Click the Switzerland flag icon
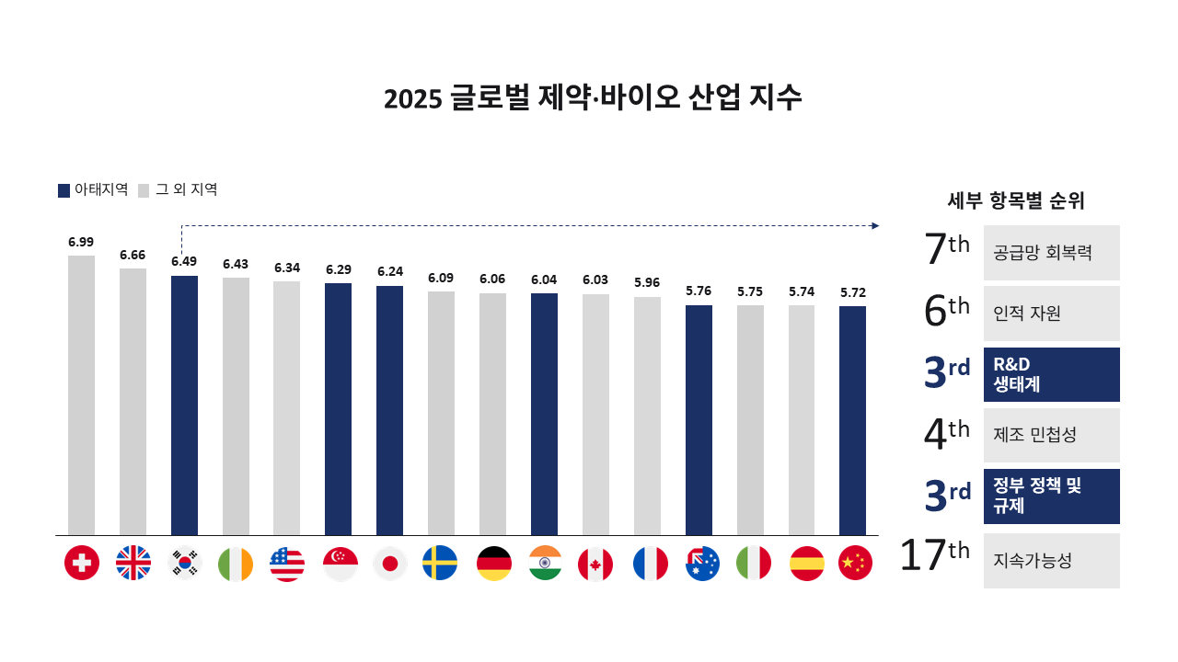click(x=82, y=563)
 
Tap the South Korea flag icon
click(x=185, y=563)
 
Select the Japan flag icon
click(x=390, y=563)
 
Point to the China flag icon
click(x=855, y=563)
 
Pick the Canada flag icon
click(x=595, y=563)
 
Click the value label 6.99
click(x=81, y=242)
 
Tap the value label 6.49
click(x=184, y=261)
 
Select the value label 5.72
click(x=852, y=292)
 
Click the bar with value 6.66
click(x=133, y=401)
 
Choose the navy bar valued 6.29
click(x=338, y=408)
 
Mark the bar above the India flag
click(x=544, y=414)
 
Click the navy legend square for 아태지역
click(x=64, y=190)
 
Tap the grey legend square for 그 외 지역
click(x=144, y=190)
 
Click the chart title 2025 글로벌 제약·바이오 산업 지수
click(x=593, y=98)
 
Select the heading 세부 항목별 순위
click(x=1016, y=200)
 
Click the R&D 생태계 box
click(x=1051, y=374)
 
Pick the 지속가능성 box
click(x=1051, y=560)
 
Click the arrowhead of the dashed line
click(x=875, y=225)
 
